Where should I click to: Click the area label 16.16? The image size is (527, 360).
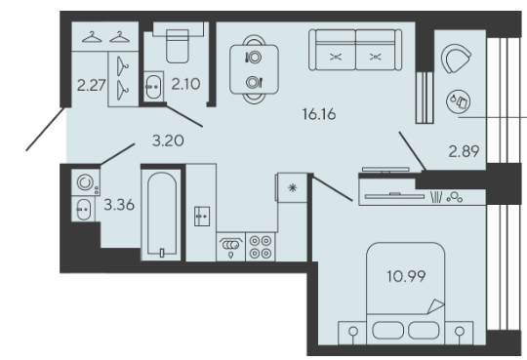pos(319,114)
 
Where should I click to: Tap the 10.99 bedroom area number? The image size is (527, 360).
pos(406,276)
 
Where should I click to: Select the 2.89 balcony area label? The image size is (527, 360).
pos(464,151)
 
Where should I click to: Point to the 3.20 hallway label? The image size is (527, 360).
pos(168,140)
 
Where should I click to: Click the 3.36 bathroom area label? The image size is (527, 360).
pos(119,204)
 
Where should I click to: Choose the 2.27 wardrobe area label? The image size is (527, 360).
pos(92,85)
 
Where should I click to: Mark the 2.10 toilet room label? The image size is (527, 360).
pos(185,84)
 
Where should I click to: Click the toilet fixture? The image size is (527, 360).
pos(178,46)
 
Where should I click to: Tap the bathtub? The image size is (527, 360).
pos(162,216)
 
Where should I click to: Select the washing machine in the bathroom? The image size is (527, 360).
pos(85,182)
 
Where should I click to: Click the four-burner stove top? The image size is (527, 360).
pos(261,247)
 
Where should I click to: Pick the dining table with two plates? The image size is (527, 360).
pos(254,69)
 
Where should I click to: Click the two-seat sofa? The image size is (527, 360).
pos(355,50)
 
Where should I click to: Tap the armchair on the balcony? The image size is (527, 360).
pos(455,59)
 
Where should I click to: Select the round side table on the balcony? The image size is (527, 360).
pos(458,101)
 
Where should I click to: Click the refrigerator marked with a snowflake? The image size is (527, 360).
pos(292,187)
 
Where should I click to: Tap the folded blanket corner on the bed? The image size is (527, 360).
pos(436,306)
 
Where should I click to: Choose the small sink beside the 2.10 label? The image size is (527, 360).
pos(153,87)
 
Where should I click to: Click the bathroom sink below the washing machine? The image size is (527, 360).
pos(83,209)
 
